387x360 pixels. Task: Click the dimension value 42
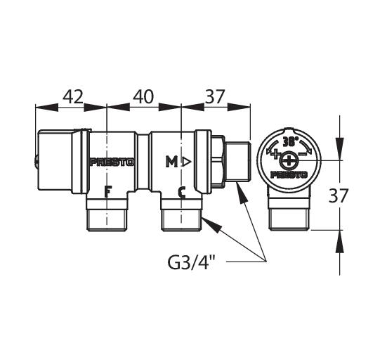[x=73, y=96]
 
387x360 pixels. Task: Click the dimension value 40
[x=143, y=96]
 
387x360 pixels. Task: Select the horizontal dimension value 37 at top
[x=215, y=96]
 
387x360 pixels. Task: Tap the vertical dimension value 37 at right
[x=338, y=195]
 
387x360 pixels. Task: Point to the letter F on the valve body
[x=107, y=192]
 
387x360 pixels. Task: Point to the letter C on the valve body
[x=182, y=193]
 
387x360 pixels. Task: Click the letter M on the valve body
[x=171, y=162]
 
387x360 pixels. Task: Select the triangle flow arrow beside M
[x=187, y=162]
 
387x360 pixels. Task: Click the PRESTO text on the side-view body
[x=112, y=162]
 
